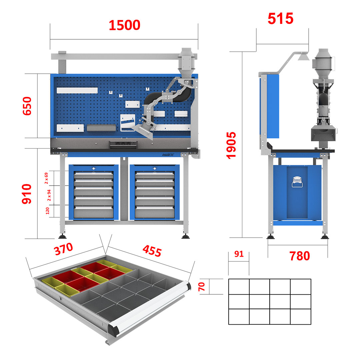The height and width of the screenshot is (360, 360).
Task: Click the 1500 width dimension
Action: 124,25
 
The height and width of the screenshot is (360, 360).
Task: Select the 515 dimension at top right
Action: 281,19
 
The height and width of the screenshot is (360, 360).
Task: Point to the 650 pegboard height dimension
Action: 27,106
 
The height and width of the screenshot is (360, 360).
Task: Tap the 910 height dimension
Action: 27,194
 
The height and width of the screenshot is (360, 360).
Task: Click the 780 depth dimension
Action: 300,256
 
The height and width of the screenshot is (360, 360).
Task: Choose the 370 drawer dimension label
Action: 63,249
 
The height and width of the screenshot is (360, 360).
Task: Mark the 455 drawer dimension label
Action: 152,251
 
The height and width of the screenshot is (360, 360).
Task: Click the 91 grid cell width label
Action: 239,254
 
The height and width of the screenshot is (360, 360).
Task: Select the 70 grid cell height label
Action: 202,287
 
